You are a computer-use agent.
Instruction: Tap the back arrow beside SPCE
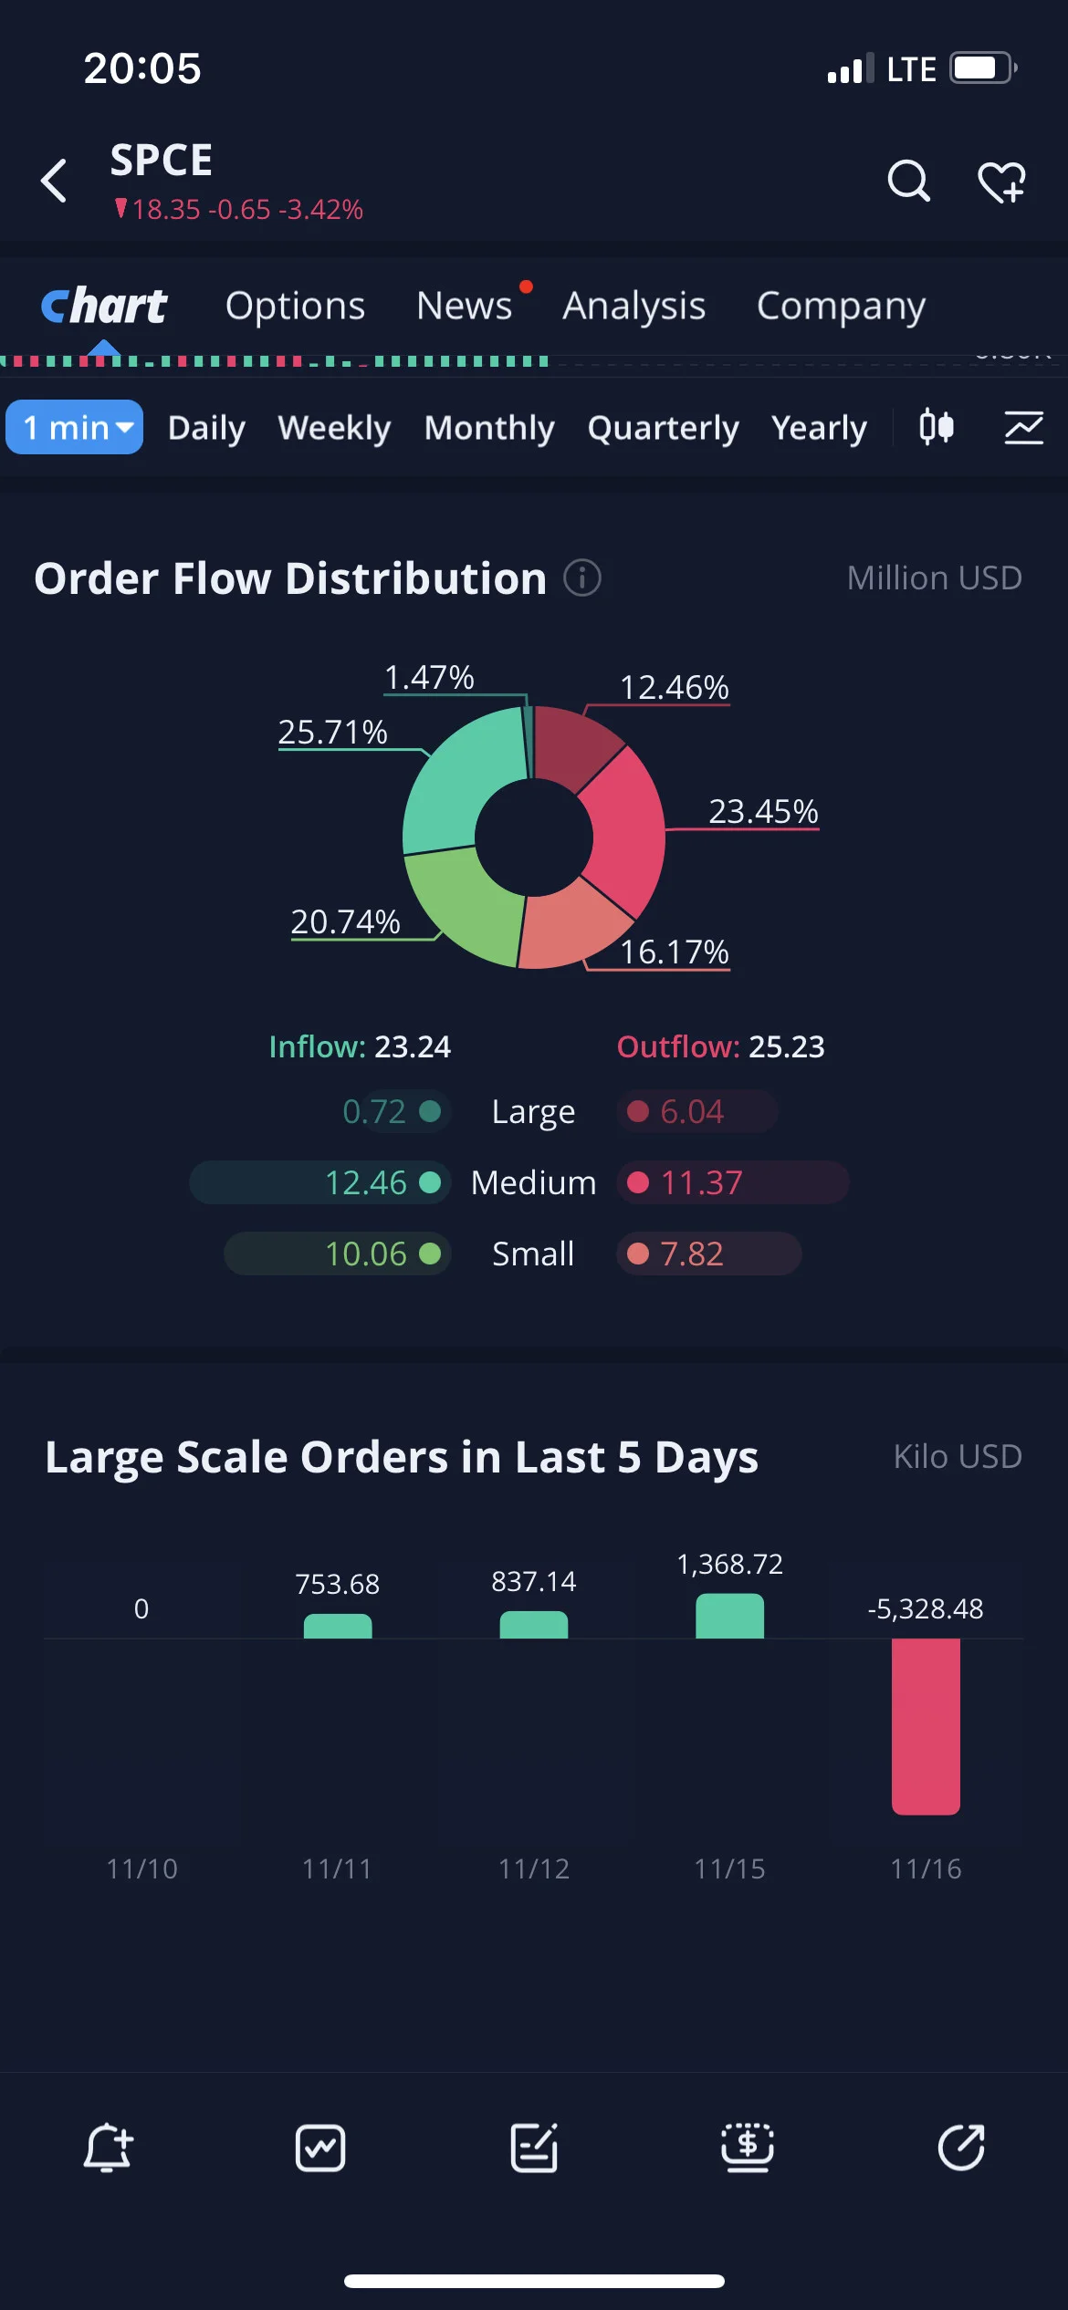(54, 180)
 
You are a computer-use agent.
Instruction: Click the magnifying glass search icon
(909, 181)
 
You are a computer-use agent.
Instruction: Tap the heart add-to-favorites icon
(1001, 182)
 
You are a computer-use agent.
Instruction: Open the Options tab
(295, 307)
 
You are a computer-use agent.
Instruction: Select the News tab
(464, 306)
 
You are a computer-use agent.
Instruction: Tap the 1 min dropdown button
(75, 427)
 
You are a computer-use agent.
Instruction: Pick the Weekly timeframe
(334, 428)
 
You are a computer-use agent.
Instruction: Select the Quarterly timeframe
(663, 428)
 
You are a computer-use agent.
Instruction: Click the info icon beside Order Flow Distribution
(582, 577)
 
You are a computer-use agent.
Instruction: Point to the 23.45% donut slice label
(764, 811)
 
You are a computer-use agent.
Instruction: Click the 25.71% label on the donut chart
(332, 732)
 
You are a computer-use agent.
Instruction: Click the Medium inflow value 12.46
(366, 1182)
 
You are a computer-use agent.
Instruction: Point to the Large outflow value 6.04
(692, 1111)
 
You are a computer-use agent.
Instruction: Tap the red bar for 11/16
(926, 1726)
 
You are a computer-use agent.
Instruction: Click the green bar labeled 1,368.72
(729, 1616)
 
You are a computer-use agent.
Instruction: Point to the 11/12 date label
(534, 1869)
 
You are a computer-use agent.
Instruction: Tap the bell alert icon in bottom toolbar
(108, 2148)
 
